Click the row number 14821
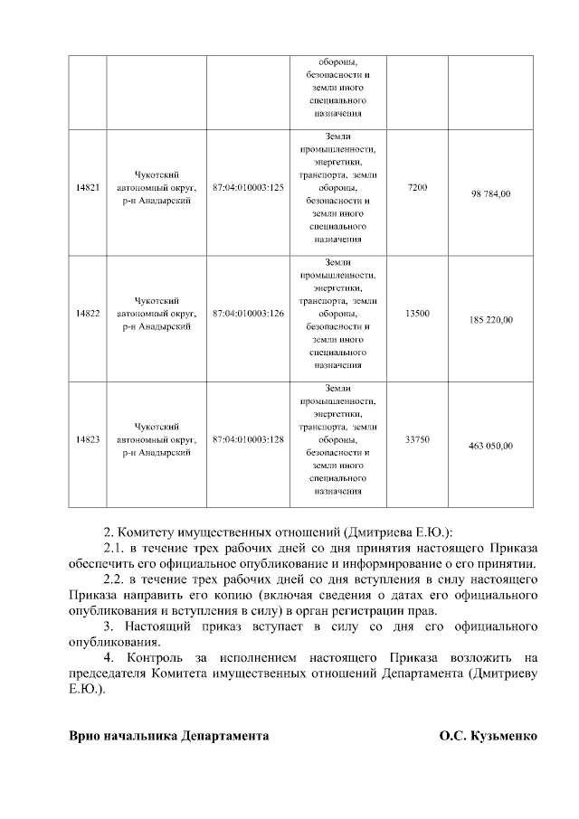[88, 187]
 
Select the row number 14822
[88, 314]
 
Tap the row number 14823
[88, 439]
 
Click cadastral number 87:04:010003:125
[248, 187]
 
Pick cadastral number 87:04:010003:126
[248, 314]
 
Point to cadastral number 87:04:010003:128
[248, 439]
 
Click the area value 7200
[417, 187]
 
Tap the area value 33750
[417, 439]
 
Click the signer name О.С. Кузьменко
[489, 736]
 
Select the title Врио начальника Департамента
[169, 736]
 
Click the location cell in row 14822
[157, 314]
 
